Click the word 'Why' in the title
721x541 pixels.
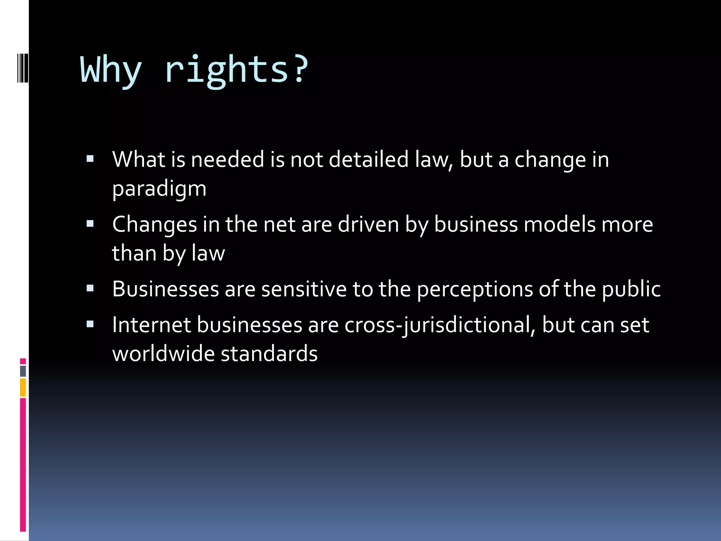tap(111, 70)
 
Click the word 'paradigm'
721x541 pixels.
tap(159, 189)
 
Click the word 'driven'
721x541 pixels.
tap(368, 225)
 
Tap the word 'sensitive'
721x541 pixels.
tap(304, 289)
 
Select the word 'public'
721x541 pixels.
tap(631, 289)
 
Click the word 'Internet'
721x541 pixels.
tap(151, 325)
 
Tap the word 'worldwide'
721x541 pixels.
tap(163, 354)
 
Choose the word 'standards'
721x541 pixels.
tap(269, 354)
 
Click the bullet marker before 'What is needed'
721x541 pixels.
tap(90, 159)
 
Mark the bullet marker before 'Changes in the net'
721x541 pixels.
tap(90, 224)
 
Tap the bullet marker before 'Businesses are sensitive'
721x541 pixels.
tap(90, 289)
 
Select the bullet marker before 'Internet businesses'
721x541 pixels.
tap(90, 324)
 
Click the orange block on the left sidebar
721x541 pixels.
tap(23, 387)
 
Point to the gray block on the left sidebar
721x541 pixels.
tap(23, 371)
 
